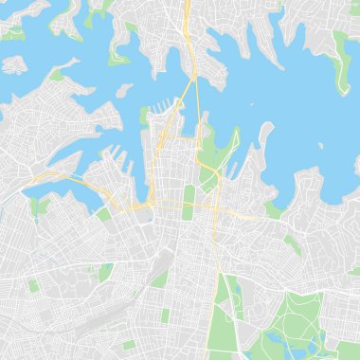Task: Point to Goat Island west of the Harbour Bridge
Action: (123, 90)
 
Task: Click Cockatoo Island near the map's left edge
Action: (13, 64)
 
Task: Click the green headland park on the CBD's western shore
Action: (145, 118)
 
